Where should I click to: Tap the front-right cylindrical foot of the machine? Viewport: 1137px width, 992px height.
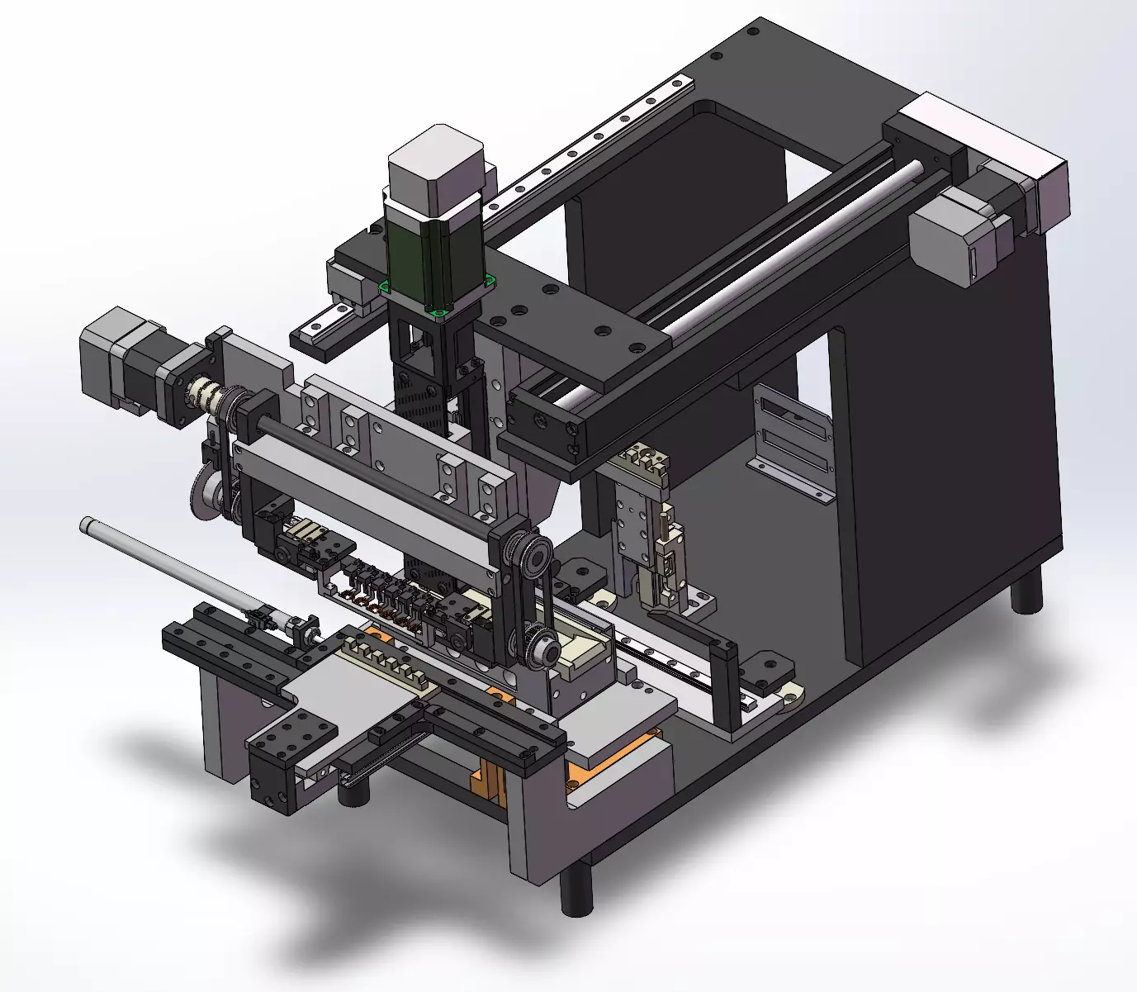pyautogui.click(x=576, y=890)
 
